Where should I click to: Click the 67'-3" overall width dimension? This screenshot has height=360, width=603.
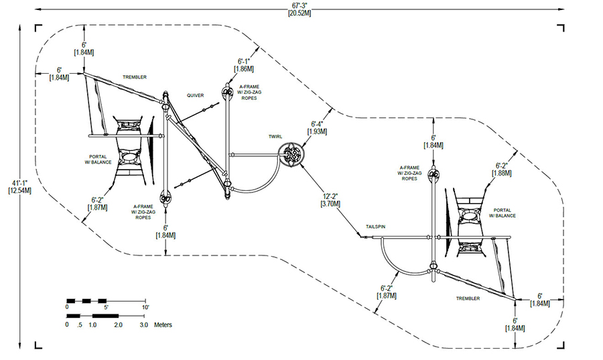click(299, 5)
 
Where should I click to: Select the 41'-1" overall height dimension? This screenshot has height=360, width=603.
click(19, 183)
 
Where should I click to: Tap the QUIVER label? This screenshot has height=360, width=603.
click(196, 95)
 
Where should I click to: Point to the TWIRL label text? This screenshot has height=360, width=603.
click(275, 137)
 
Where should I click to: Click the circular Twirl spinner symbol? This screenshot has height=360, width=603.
click(291, 155)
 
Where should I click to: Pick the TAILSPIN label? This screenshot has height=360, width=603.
click(375, 227)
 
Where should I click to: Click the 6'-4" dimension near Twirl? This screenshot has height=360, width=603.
click(318, 124)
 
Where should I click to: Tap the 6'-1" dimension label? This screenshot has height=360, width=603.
click(244, 62)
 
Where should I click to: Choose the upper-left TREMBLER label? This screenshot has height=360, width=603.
click(135, 77)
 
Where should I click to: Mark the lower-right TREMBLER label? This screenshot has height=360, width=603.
click(468, 298)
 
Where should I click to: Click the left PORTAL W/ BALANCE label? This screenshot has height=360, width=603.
click(98, 160)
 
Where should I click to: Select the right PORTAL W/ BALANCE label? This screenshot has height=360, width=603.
click(503, 213)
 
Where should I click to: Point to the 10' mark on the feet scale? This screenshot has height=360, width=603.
click(145, 307)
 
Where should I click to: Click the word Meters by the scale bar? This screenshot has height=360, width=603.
click(163, 324)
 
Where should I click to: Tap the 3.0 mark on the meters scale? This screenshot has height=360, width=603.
click(144, 324)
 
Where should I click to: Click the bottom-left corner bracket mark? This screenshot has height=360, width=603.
click(38, 345)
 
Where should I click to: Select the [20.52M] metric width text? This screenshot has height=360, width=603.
click(299, 13)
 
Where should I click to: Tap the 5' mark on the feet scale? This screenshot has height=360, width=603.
click(107, 307)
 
